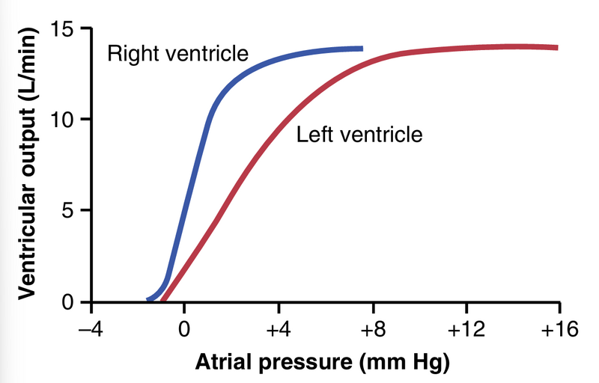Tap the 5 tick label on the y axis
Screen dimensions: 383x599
tap(69, 211)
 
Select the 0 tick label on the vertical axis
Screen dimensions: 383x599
tap(69, 302)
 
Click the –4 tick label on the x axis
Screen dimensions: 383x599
tap(90, 329)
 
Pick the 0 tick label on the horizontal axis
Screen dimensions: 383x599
tap(184, 329)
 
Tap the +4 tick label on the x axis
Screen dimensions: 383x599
tap(279, 329)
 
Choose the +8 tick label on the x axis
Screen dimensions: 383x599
tap(372, 329)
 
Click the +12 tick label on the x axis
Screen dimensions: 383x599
tap(466, 329)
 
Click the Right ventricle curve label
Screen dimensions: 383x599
tap(177, 54)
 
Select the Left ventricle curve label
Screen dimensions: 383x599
tap(359, 135)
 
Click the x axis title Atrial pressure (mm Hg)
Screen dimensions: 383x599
tap(323, 363)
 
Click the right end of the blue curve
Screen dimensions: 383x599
tap(362, 49)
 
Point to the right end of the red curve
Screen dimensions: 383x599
tap(557, 47)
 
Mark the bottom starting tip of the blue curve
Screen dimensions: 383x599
tap(148, 299)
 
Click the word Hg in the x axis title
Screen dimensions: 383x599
tap(432, 363)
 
